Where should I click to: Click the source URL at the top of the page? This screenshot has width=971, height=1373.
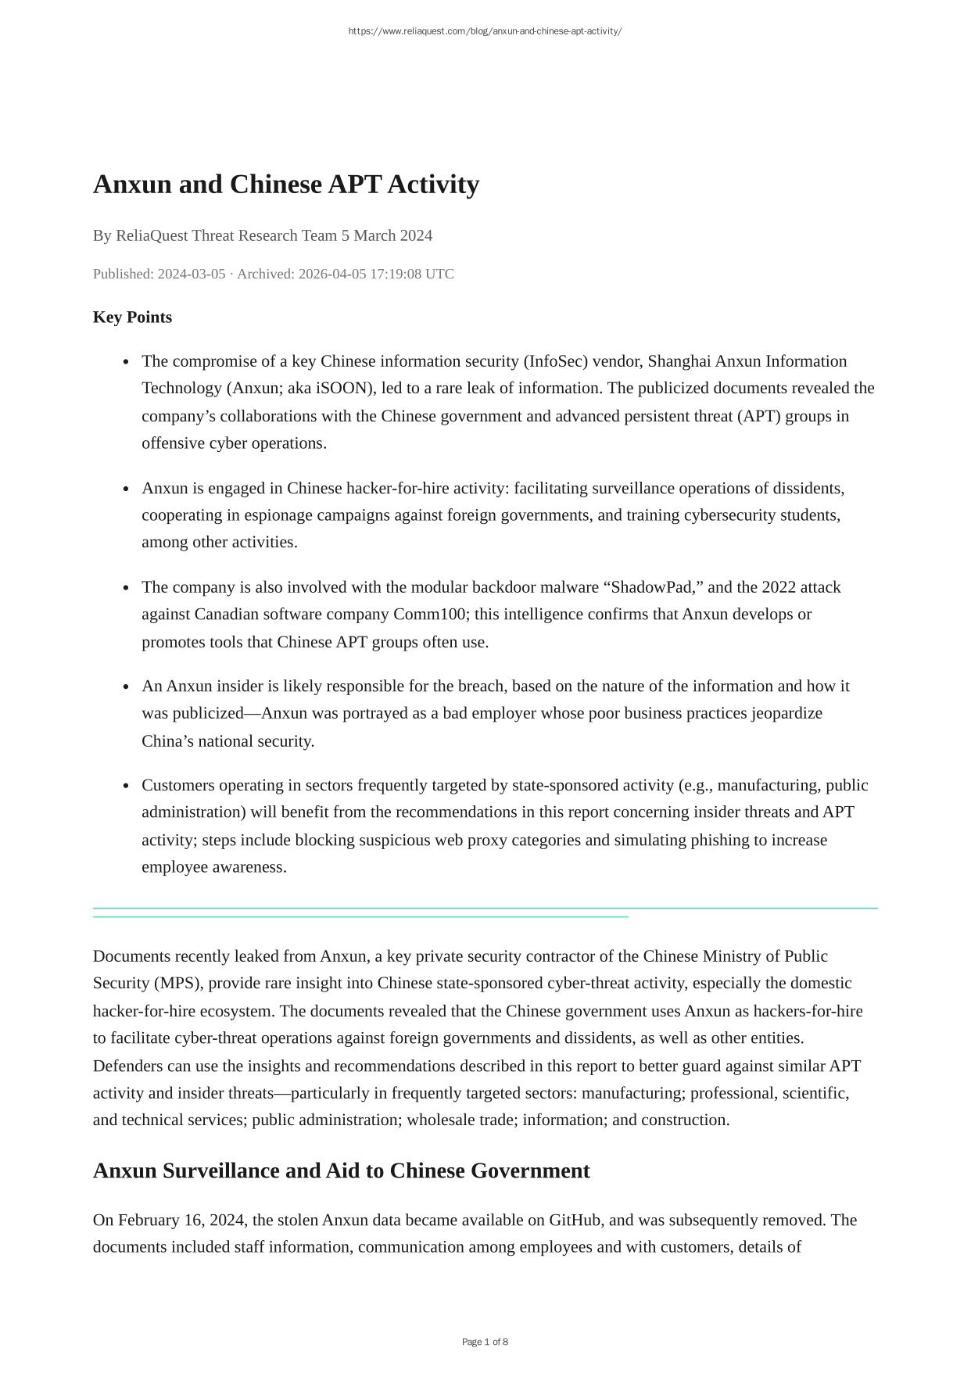tap(485, 31)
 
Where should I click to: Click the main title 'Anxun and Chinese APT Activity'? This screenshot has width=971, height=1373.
tap(285, 185)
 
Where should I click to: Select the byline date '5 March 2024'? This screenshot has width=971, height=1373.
tap(386, 235)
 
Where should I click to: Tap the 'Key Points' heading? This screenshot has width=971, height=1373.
tap(132, 317)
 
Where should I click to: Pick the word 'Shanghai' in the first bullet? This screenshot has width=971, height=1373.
tap(679, 361)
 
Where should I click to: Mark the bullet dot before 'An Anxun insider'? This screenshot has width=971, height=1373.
tap(126, 687)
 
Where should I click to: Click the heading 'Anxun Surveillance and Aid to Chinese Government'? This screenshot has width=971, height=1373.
tap(341, 1170)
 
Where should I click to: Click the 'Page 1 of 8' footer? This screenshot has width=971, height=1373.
tap(485, 1342)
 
